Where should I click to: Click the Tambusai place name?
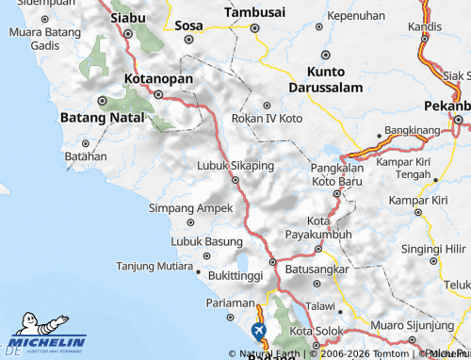click(x=254, y=12)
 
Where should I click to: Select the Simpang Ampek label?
click(x=190, y=207)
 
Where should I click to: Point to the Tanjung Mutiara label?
click(x=154, y=266)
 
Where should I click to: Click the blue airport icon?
click(x=258, y=331)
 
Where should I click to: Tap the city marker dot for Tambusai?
click(x=254, y=28)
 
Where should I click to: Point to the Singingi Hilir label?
click(x=431, y=249)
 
